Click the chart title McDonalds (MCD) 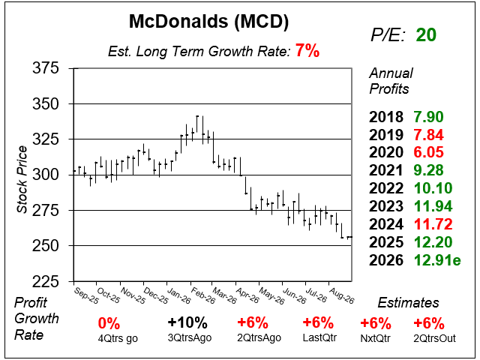pos(208,22)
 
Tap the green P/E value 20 pos(426,34)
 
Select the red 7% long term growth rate pos(307,50)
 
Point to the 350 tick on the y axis pos(45,104)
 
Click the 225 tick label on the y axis pos(45,281)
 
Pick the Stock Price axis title pos(22,179)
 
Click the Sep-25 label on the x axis pos(86,295)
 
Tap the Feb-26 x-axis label pos(203,295)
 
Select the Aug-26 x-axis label pos(342,295)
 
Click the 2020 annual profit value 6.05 pos(428,152)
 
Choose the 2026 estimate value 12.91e pos(437,260)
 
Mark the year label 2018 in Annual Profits pos(386,117)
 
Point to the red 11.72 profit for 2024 pos(433,224)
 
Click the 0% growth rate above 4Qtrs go pos(109,323)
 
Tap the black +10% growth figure pos(187,322)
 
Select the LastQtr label pos(319,337)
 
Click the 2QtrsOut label pos(434,338)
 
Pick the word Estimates pos(408,303)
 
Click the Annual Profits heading pos(391,81)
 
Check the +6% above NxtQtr pos(376,323)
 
